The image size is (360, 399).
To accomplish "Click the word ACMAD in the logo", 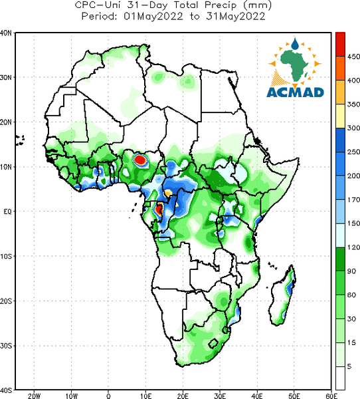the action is pos(295,92).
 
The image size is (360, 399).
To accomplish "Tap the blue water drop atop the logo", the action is pos(295,44).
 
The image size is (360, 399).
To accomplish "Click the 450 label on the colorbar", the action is pos(353,57).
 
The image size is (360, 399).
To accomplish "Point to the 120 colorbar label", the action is pos(353,247).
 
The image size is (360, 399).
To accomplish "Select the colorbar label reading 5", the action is pos(349,366).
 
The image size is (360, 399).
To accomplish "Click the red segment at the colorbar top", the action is pos(340,45).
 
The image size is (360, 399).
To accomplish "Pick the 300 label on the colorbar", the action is pos(353,128).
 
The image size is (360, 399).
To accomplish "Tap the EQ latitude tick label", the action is pos(7,211).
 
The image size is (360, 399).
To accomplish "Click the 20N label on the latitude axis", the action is pos(6,122).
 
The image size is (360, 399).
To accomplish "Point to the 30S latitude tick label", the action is pos(6,346).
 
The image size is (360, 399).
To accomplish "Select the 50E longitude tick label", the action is pos(294,396).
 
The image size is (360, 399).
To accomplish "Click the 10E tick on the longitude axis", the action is pos(145,396).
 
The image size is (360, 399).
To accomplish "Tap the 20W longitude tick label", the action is pos(34,396).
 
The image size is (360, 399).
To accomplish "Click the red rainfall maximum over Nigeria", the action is pos(140,160).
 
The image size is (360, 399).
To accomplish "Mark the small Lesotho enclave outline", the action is pos(213,344).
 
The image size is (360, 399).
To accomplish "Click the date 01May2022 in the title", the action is pos(153,17).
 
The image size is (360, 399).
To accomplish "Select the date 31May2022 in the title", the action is pos(236,17).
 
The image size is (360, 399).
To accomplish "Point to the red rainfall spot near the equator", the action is pos(159,209).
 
